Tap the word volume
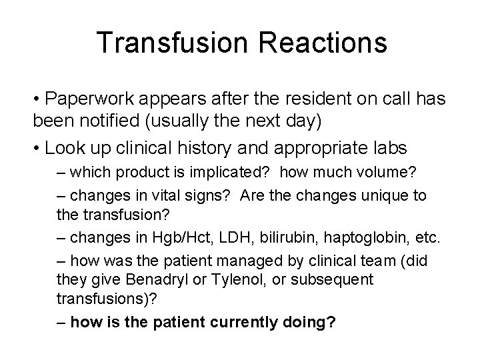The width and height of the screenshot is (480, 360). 390,173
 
